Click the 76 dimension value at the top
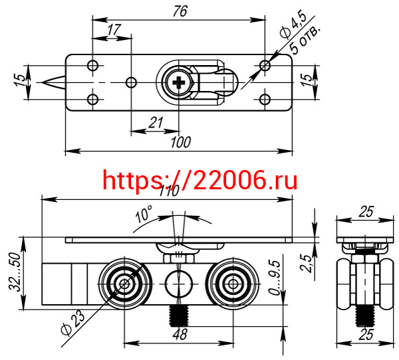coord(180,11)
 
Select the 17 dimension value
coord(113,30)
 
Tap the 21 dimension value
coord(156,123)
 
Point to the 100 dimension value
coord(181,142)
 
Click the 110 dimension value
coord(169,191)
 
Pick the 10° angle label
coord(144,214)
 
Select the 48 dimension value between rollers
coord(180,334)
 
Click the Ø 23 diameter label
coord(72,323)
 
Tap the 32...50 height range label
coord(15,272)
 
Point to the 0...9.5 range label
coord(275,277)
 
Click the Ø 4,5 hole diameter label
coord(293,25)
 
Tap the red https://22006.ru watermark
coord(200,179)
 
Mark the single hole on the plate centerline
coord(131,82)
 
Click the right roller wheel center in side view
coord(233,284)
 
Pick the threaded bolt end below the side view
coord(179,315)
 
